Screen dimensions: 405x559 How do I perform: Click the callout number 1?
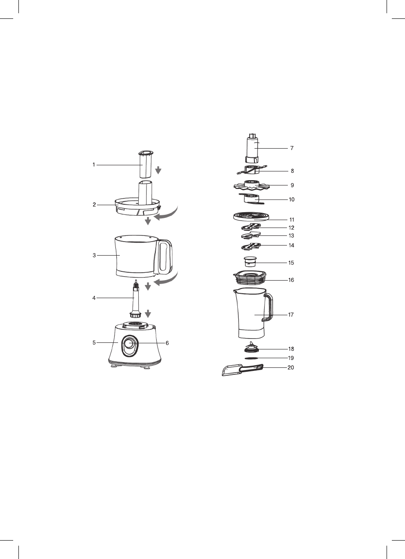point(94,165)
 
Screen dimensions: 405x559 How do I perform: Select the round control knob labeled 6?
point(129,343)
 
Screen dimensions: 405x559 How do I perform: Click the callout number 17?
point(291,315)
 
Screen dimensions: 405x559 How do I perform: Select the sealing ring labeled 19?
point(251,358)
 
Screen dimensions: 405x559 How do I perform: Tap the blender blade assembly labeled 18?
point(251,347)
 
